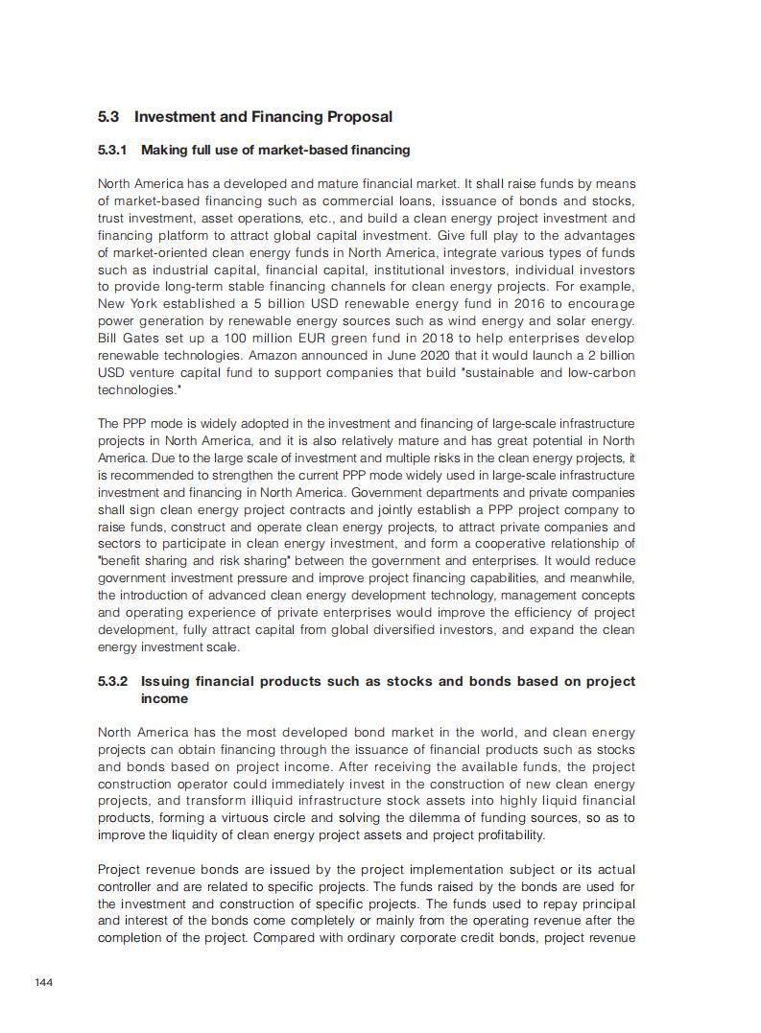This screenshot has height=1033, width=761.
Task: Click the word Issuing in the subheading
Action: click(166, 682)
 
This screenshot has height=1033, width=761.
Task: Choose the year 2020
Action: click(441, 356)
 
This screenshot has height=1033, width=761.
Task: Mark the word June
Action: click(405, 356)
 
